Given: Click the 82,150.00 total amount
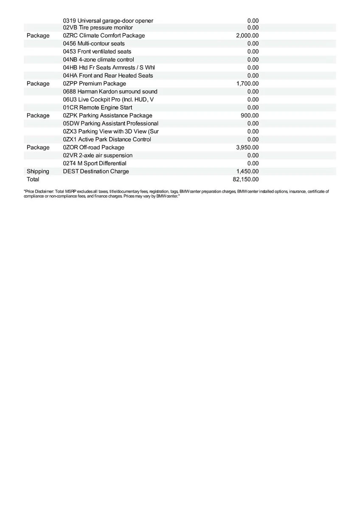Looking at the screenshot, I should [245, 179].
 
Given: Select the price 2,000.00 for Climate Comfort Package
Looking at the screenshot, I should [247, 36].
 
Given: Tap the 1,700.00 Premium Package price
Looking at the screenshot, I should [247, 84].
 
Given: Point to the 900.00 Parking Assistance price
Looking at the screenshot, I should [250, 115].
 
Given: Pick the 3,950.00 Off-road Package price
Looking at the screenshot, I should [247, 147].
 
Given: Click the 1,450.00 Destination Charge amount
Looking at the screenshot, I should [247, 171].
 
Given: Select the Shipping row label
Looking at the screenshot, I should [38, 171].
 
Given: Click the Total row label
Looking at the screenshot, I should [33, 179].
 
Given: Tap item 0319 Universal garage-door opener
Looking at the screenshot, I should [108, 21].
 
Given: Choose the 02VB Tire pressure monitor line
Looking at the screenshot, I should [98, 28].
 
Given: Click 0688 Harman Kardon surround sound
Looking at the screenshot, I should [110, 92].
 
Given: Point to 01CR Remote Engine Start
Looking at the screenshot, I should [97, 108].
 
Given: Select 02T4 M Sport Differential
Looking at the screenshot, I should [94, 163].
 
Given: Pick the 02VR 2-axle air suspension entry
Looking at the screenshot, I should [98, 155].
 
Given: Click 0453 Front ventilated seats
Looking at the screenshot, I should [97, 51].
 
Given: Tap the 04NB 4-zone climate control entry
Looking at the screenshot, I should [98, 59].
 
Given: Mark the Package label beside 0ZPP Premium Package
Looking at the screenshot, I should [38, 84].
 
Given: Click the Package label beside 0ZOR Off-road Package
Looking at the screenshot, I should [38, 147].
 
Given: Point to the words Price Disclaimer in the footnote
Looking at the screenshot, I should [39, 192].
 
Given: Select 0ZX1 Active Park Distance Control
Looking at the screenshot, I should [107, 140].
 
